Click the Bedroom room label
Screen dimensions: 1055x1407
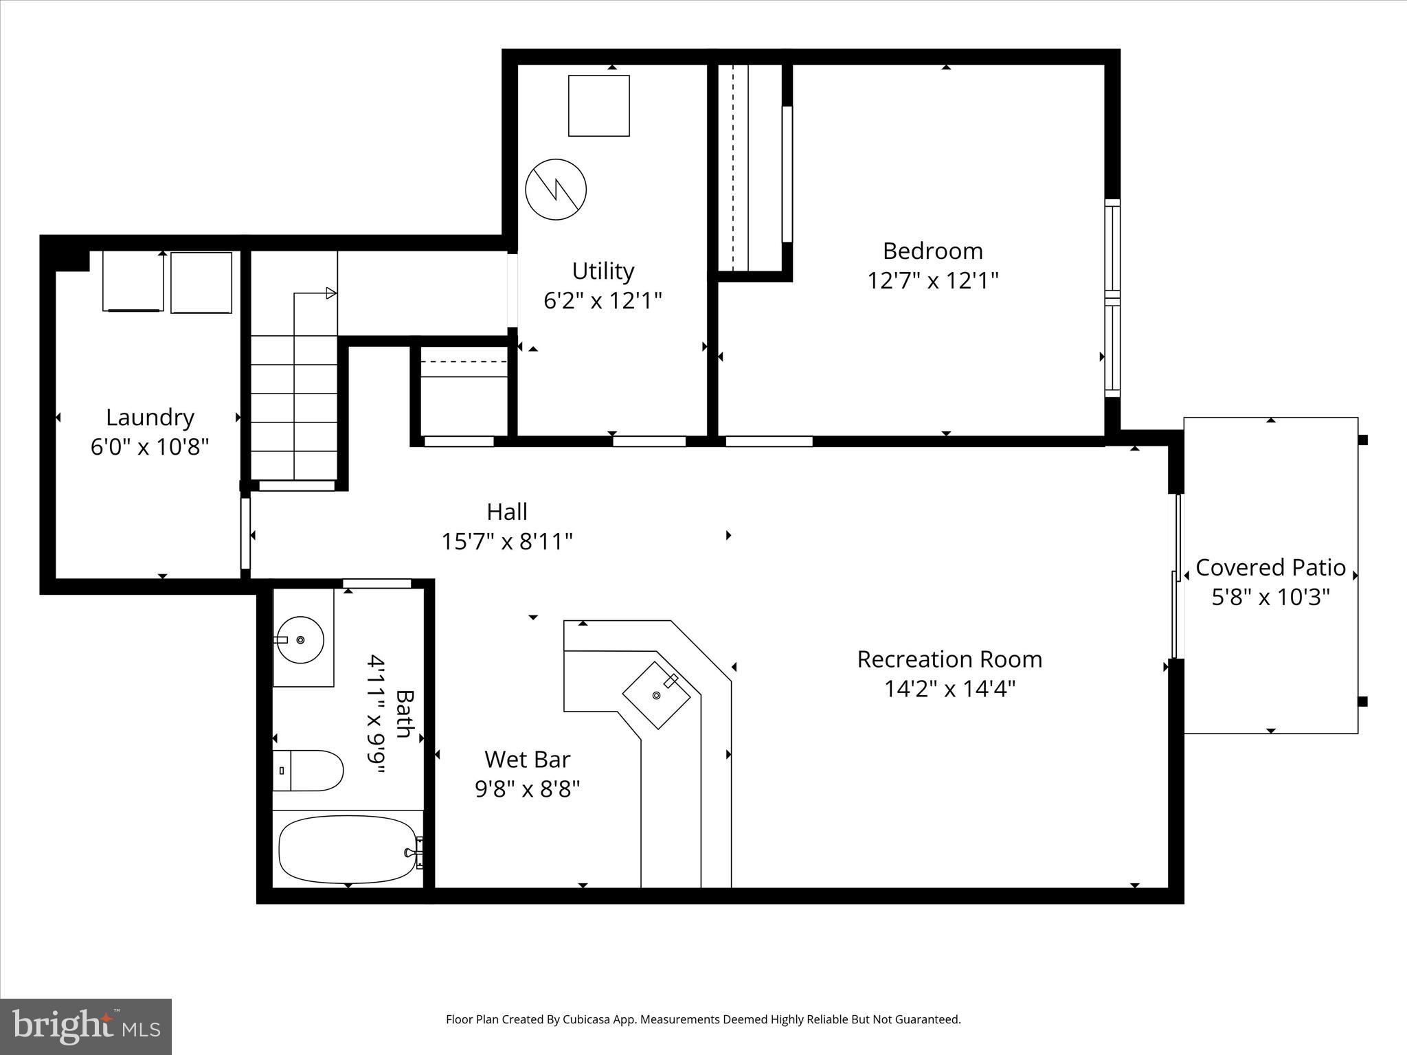coord(932,251)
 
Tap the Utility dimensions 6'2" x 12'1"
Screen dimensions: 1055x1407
coord(603,301)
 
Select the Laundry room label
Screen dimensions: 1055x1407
coord(150,418)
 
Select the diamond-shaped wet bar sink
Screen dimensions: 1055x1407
coord(656,695)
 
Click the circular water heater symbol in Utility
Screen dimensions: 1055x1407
coord(556,190)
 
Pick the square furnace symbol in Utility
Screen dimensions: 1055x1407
coord(599,106)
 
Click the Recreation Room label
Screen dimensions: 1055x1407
coord(949,659)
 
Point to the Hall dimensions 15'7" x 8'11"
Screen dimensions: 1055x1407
coord(507,542)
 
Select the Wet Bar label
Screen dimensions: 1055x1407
coord(528,760)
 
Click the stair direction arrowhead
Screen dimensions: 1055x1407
coord(331,293)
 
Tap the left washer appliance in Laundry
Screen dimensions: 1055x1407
coord(133,281)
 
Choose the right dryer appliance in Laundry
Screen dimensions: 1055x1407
coord(201,282)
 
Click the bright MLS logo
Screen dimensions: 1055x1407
coord(86,1025)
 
